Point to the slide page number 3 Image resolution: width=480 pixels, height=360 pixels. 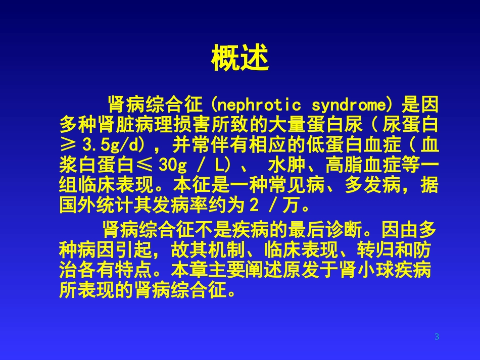coord(437,337)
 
